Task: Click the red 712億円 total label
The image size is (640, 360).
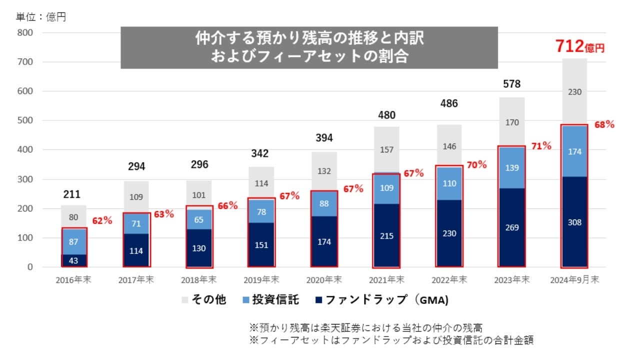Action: point(579,47)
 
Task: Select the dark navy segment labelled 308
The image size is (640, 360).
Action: point(574,222)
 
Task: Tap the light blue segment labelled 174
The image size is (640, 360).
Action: point(574,151)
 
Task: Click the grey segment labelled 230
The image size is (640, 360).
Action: point(574,91)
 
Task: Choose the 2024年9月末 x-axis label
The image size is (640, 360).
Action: point(574,280)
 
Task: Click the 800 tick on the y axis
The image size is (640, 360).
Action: point(25,33)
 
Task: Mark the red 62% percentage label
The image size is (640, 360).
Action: point(102,220)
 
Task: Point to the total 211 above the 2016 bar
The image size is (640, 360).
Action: point(72,194)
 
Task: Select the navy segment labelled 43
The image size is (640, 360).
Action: point(74,260)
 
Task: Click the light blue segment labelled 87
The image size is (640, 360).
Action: point(74,241)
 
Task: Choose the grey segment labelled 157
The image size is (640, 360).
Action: point(386,149)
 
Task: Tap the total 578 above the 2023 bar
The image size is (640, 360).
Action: point(511,83)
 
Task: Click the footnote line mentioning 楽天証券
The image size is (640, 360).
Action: point(365,328)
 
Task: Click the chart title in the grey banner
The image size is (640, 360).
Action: point(309,47)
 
